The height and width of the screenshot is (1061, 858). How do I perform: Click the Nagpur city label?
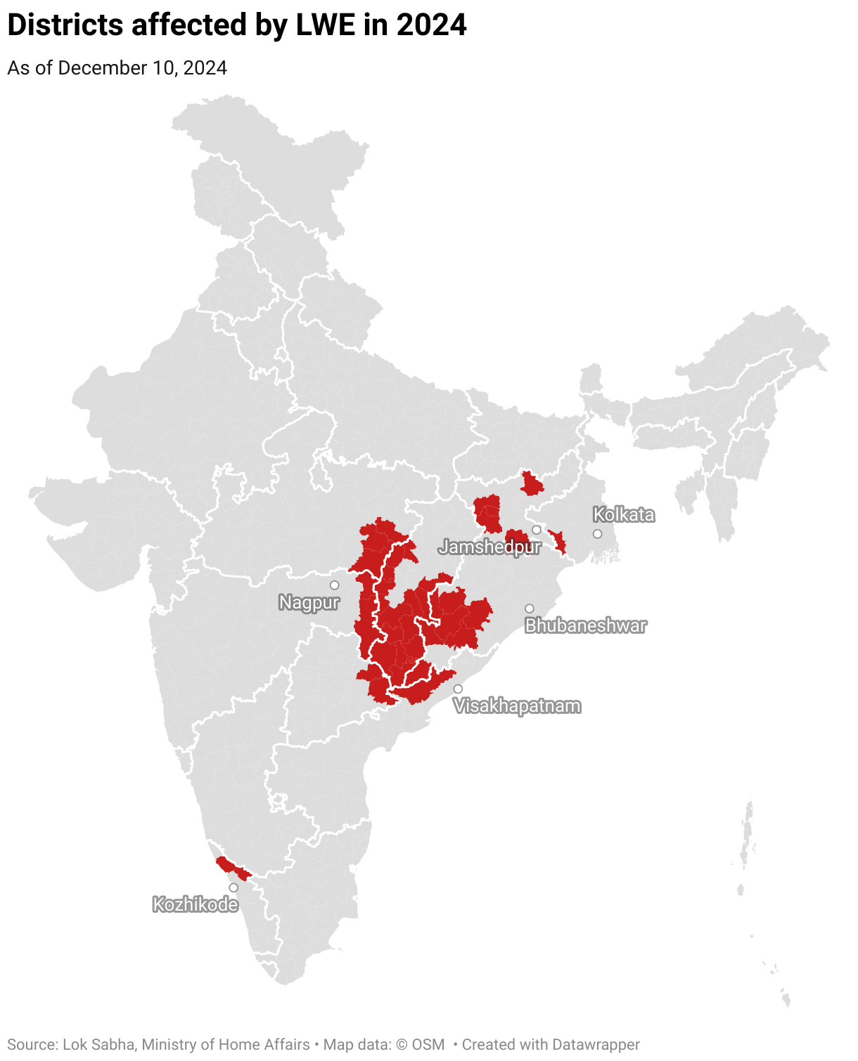(x=309, y=603)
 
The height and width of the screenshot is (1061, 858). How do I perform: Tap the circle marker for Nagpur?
(x=335, y=585)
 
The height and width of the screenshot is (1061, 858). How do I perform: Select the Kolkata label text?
(x=623, y=515)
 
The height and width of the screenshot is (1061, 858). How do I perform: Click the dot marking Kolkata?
(x=598, y=534)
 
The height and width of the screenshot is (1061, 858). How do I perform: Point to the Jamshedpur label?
(x=489, y=547)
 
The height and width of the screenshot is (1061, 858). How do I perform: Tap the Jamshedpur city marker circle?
(x=537, y=530)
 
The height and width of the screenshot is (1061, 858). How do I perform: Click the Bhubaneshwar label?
(x=585, y=625)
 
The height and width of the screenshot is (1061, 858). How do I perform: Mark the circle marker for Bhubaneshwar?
(x=530, y=608)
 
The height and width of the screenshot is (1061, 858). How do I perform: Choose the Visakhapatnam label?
(x=518, y=706)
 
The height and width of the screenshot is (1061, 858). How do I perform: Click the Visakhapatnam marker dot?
(x=458, y=689)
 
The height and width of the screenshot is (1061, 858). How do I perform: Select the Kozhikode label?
(x=196, y=904)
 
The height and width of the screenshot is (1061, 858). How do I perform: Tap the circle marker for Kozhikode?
(x=233, y=887)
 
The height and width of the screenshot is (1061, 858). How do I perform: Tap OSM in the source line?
(x=428, y=1045)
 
